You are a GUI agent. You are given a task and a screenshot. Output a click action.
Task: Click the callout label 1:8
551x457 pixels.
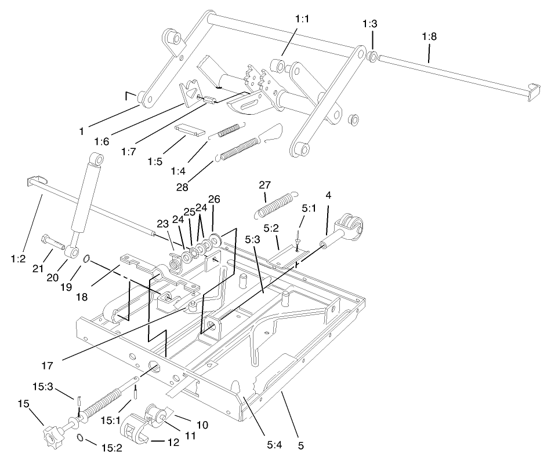429,36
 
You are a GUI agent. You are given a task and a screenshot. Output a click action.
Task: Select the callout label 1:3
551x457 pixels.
369,24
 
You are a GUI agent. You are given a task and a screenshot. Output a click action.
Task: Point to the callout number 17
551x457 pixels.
47,366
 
